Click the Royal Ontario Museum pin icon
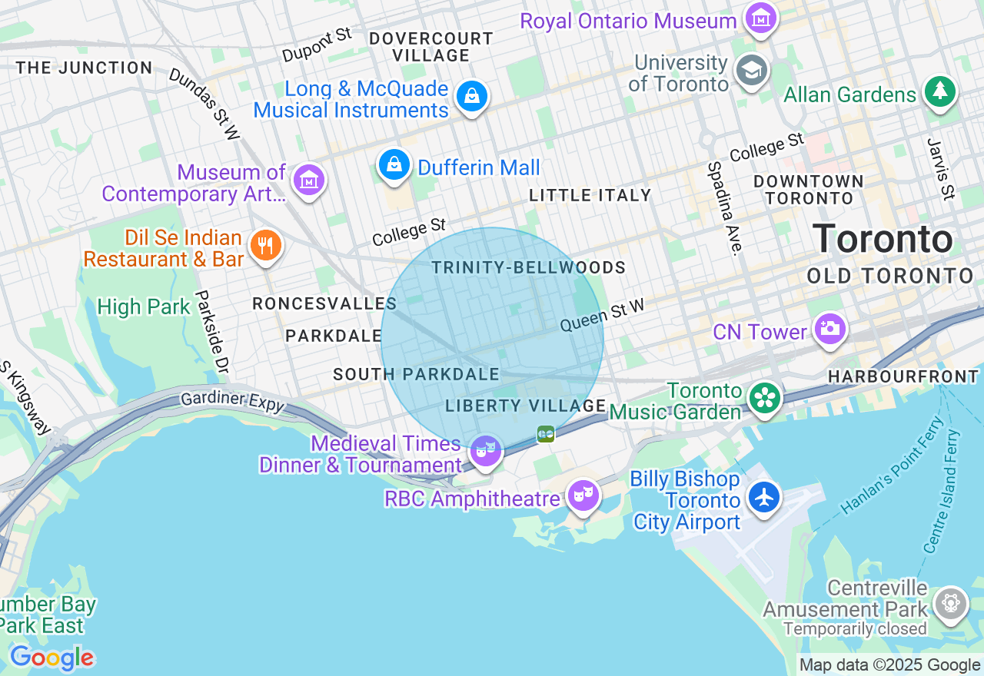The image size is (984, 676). [x=761, y=20]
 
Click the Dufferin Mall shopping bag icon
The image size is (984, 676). [x=394, y=165]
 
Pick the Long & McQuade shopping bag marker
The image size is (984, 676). [x=471, y=97]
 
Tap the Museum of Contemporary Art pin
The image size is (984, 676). [x=309, y=181]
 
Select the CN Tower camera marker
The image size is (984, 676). [x=829, y=330]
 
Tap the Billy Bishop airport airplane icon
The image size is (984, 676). [x=763, y=497]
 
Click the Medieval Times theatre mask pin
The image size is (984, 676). [x=485, y=451]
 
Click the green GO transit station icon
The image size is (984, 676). [x=546, y=434]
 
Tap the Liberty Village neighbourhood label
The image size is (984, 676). [x=526, y=406]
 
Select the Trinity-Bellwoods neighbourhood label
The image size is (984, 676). [x=528, y=267]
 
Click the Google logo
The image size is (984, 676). [x=52, y=658]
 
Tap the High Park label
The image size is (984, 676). [x=143, y=307]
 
